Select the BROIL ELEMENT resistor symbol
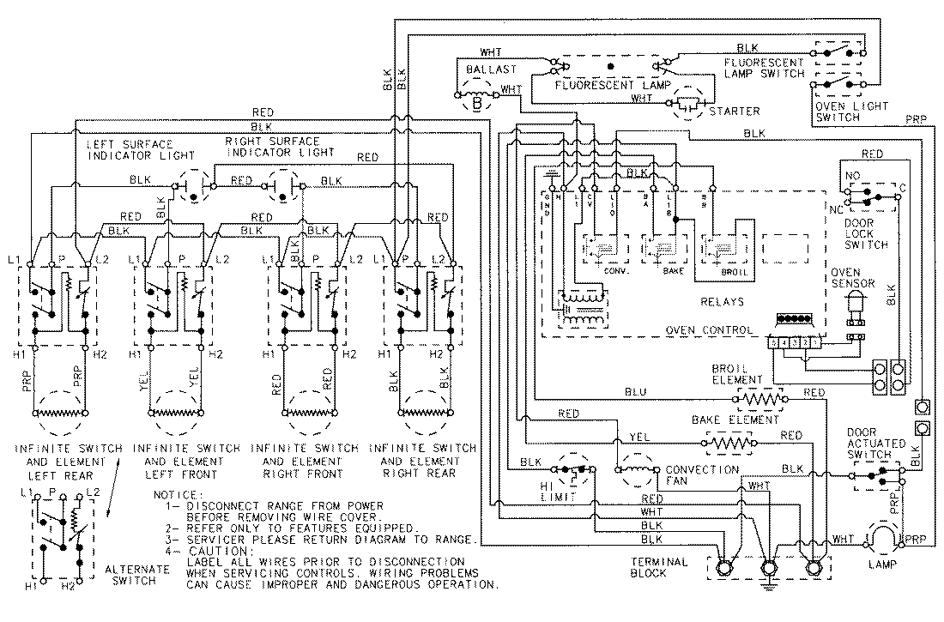click(x=759, y=399)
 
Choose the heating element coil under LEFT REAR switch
click(x=61, y=411)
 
